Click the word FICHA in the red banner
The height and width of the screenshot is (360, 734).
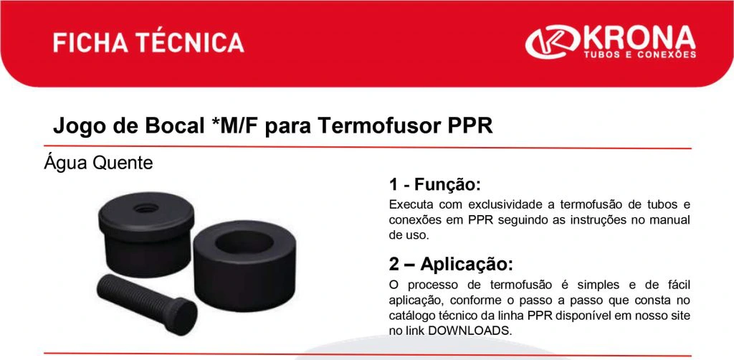pyautogui.click(x=91, y=42)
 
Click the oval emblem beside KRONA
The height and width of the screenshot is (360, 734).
pyautogui.click(x=553, y=42)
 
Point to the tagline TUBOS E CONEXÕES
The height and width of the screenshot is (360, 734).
pyautogui.click(x=639, y=55)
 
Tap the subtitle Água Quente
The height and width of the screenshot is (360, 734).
pyautogui.click(x=98, y=164)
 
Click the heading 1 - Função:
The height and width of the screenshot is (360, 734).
pyautogui.click(x=435, y=184)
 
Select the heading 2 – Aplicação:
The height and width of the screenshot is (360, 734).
pyautogui.click(x=451, y=264)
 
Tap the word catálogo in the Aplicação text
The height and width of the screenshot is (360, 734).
pyautogui.click(x=410, y=315)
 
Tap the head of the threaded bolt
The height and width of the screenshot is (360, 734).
pyautogui.click(x=181, y=317)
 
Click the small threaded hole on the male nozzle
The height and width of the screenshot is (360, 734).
pyautogui.click(x=146, y=208)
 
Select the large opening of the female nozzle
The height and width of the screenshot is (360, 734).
pyautogui.click(x=244, y=241)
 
